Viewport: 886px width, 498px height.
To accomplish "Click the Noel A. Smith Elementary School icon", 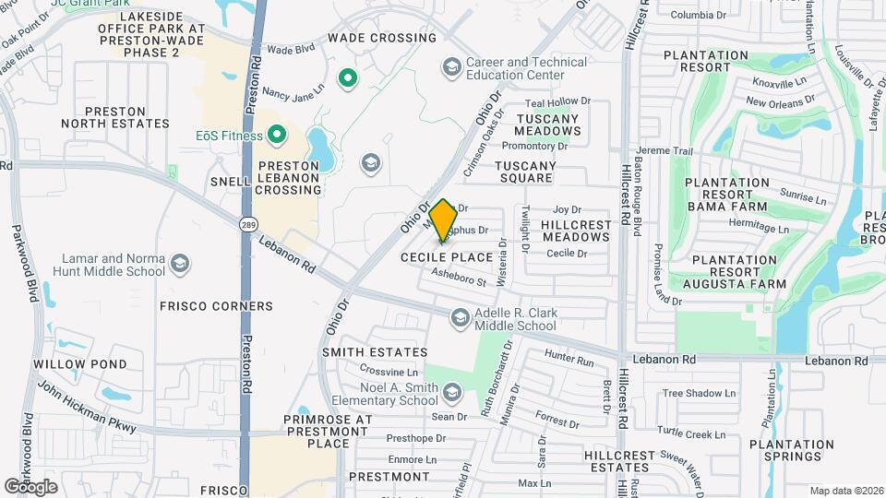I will coord(451,394).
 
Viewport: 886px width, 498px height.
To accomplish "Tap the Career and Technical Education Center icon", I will coord(451,67).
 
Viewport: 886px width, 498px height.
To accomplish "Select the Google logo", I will coord(30,486).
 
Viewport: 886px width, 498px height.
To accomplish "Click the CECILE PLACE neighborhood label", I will coord(447,257).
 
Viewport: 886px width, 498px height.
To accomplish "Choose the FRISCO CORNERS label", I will coord(216,306).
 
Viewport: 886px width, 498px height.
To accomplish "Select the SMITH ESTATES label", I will coord(375,352).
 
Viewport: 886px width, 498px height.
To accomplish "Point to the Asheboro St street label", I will coord(459,276).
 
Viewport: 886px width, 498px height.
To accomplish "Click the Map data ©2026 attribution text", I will coord(845,491).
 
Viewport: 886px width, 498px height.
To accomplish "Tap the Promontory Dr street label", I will coord(541,146).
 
